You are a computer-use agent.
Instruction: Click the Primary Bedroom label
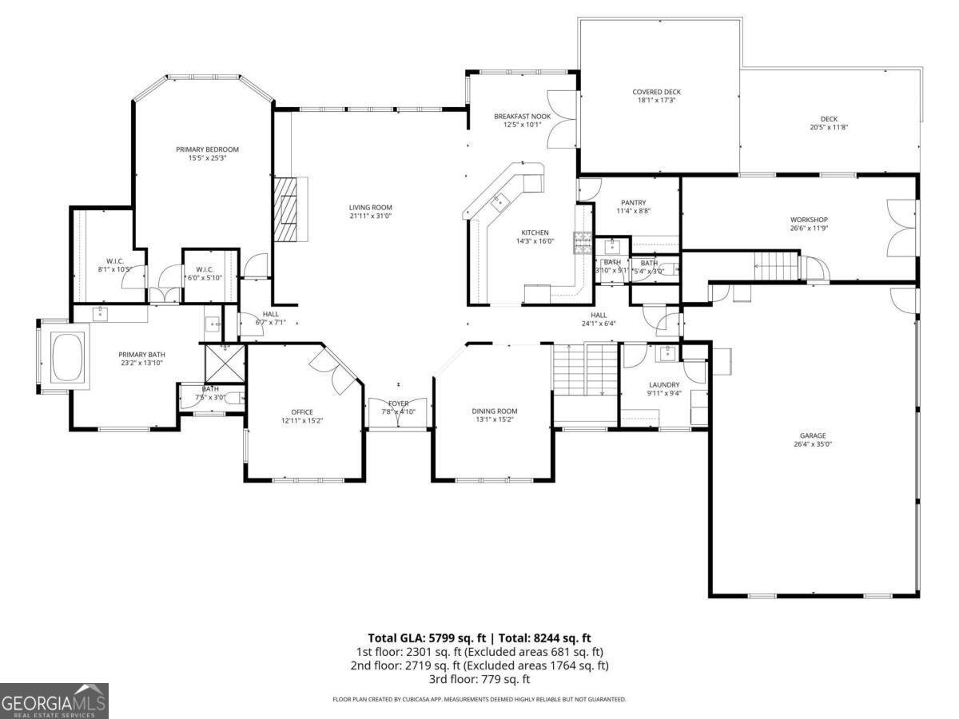(207, 149)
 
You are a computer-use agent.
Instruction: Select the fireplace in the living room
(286, 209)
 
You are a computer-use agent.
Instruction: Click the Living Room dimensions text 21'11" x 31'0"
(370, 216)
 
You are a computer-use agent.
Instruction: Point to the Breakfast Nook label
(522, 116)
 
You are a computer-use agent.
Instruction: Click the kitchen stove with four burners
(581, 242)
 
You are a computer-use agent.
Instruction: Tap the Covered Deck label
(656, 92)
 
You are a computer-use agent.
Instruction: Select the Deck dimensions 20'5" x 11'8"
(829, 127)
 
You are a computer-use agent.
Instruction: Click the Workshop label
(809, 220)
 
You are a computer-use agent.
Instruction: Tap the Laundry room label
(663, 384)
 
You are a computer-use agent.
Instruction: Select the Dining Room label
(494, 411)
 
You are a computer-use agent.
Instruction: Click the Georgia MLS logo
(54, 701)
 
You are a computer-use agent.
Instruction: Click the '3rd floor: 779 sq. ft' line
(479, 679)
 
